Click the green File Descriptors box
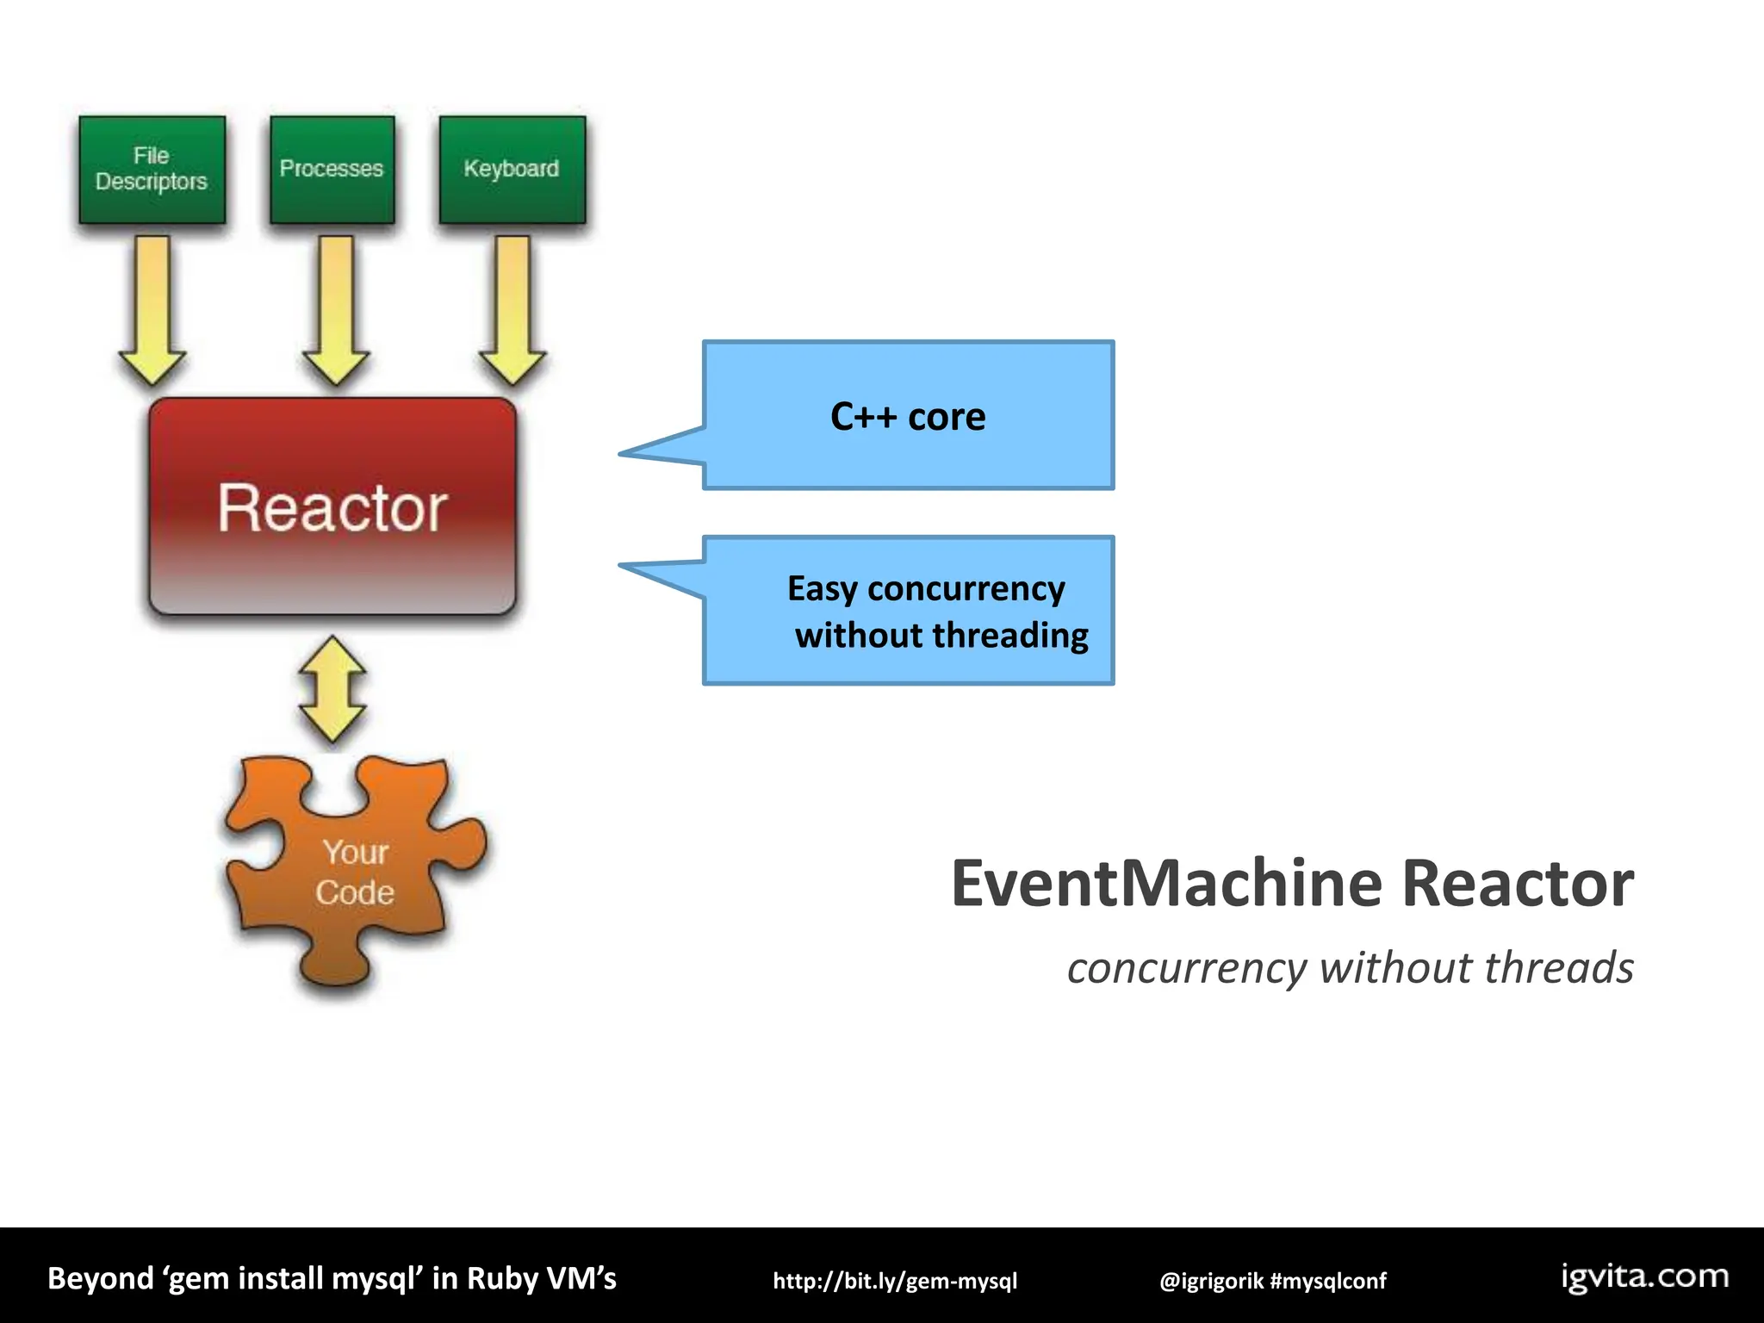pyautogui.click(x=152, y=170)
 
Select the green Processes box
pyautogui.click(x=332, y=170)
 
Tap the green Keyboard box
pyautogui.click(x=512, y=170)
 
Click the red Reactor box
pyautogui.click(x=332, y=506)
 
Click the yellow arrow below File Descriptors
pyautogui.click(x=152, y=310)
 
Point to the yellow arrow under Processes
pyautogui.click(x=335, y=310)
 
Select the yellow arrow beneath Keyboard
pyautogui.click(x=513, y=310)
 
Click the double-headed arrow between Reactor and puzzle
pyautogui.click(x=332, y=690)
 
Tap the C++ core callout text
pyautogui.click(x=908, y=417)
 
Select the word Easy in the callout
pyautogui.click(x=823, y=589)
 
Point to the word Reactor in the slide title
pyautogui.click(x=1518, y=884)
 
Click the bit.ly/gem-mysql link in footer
pyautogui.click(x=895, y=1281)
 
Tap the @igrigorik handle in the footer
pyautogui.click(x=1211, y=1281)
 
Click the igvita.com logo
pyautogui.click(x=1644, y=1276)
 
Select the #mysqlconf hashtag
pyautogui.click(x=1328, y=1281)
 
